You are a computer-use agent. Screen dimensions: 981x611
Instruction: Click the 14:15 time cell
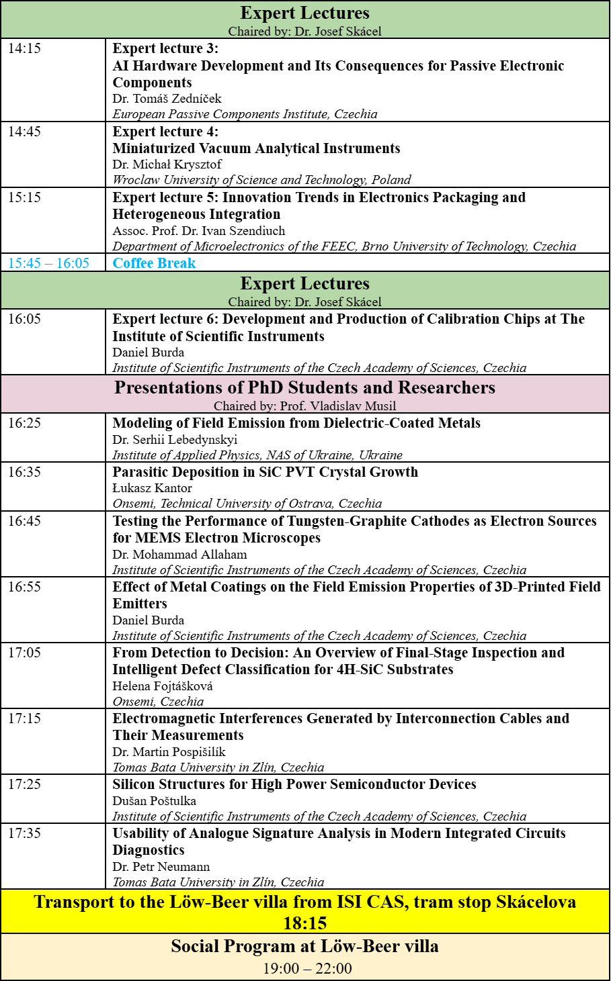coord(24,48)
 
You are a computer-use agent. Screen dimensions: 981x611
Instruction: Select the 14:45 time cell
coord(24,132)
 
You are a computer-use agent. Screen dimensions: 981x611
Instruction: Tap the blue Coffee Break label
coord(154,263)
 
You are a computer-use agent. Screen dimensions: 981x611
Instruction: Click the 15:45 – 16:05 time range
coord(48,263)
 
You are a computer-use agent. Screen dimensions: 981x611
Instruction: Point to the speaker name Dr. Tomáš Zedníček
coord(167,99)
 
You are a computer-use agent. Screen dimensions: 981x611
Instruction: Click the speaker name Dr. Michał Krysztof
coord(167,165)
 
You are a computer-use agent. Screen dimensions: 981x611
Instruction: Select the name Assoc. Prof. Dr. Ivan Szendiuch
coord(199,230)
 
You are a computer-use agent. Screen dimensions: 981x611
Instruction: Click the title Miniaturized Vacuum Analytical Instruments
coord(256,148)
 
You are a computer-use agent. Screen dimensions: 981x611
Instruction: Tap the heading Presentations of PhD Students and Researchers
coord(304,387)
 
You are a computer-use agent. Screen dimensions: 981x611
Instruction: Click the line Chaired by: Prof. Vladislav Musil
coord(304,406)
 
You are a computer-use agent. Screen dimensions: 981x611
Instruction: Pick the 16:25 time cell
coord(24,423)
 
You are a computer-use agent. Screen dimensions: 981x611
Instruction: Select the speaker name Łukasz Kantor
coord(152,488)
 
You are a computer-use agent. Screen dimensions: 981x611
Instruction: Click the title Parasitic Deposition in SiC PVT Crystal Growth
coord(265,472)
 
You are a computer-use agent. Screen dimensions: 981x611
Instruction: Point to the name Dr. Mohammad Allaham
coord(179,555)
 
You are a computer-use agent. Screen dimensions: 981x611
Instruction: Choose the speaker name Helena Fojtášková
coord(163,686)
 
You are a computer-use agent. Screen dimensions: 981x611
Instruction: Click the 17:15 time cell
coord(24,718)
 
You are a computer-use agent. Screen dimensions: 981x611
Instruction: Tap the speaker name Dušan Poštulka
coord(154,801)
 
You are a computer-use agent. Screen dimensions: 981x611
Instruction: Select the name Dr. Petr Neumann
coord(161,867)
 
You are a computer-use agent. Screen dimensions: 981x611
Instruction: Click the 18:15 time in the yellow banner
coord(304,923)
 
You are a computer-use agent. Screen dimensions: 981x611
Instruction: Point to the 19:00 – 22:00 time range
coord(307,968)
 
